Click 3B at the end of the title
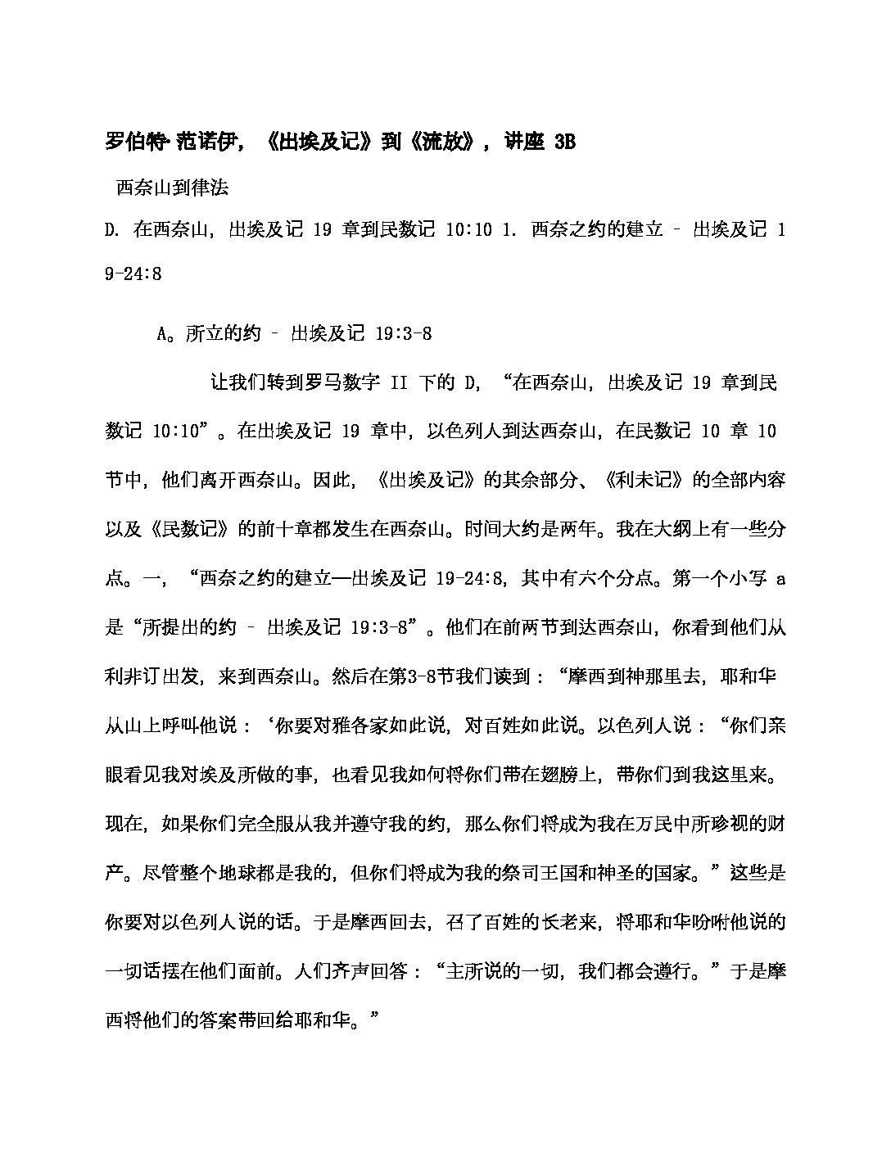[564, 142]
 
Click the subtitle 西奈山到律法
[172, 188]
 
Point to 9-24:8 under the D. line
[133, 274]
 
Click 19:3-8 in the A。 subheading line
[403, 333]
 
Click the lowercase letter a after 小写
[780, 578]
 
